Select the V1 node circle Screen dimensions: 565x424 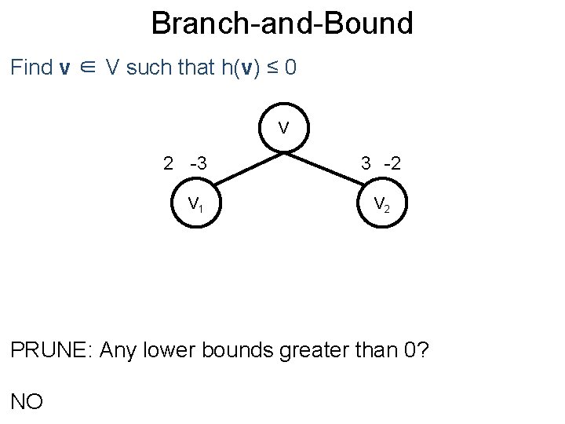coord(195,204)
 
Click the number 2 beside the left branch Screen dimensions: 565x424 coord(168,163)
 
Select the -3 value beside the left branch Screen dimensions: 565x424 coord(198,163)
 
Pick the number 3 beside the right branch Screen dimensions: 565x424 coord(366,163)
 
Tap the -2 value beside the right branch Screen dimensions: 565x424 coord(392,163)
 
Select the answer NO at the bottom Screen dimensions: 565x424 coord(27,401)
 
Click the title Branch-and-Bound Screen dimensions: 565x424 coord(282,24)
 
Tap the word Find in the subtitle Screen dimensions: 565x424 coord(31,68)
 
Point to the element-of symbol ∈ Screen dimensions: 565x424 coord(90,68)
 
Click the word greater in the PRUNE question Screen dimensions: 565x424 coord(308,350)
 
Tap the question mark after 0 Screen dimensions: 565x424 coord(423,349)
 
